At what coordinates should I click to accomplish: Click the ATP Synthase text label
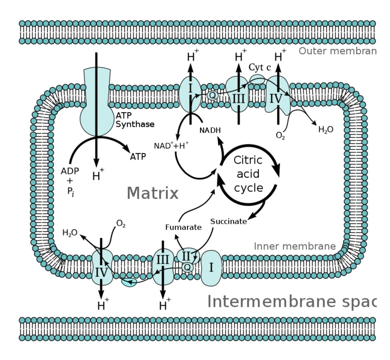coord(135,120)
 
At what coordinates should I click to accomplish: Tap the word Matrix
coord(152,193)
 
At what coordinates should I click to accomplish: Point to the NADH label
coord(210,130)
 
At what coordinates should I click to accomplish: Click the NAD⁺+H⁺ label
coord(171,145)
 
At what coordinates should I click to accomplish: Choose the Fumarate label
coord(183,227)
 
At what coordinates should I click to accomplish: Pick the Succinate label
coord(228,221)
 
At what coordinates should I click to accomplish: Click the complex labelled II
coord(186,256)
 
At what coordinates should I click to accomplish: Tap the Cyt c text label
coord(260,67)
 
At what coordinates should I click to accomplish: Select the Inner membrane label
coord(295,246)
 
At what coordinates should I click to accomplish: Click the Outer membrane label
coord(337,51)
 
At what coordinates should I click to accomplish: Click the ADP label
coord(70,171)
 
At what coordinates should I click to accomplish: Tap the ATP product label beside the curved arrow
coord(138,157)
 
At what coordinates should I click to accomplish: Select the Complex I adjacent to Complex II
coord(211,268)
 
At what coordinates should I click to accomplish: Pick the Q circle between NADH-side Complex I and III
coord(212,95)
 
